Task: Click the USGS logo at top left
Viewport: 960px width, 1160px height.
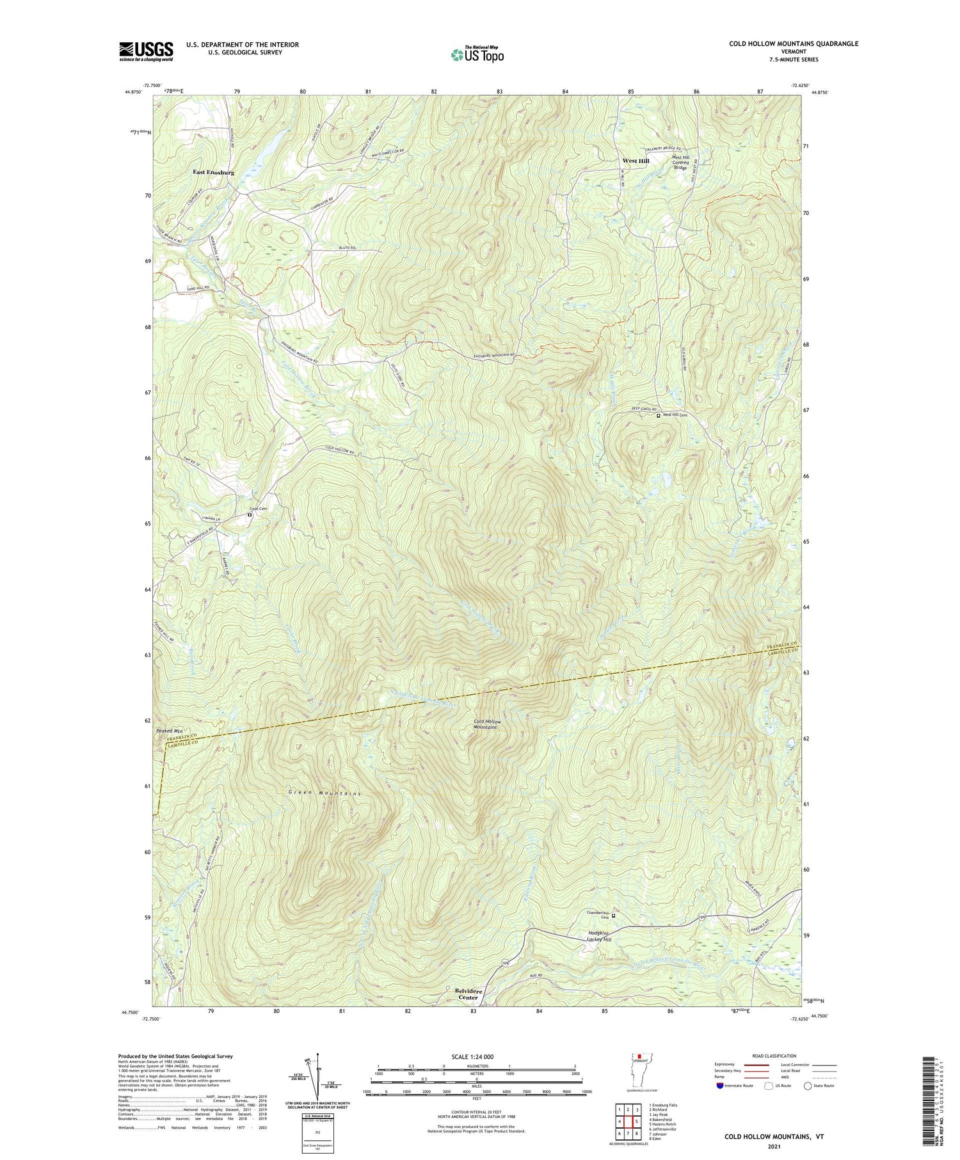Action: coord(146,51)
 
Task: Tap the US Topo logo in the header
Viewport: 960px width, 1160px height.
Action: coord(477,54)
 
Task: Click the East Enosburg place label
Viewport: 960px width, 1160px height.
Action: coord(214,173)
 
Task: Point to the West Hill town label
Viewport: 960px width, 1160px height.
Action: coord(636,161)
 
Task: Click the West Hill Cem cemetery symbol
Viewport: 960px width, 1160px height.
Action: coord(659,415)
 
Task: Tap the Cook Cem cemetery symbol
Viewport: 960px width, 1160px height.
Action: coord(250,514)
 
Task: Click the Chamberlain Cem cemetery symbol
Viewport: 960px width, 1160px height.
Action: coord(613,916)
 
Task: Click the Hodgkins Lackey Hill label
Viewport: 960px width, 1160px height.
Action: coord(600,937)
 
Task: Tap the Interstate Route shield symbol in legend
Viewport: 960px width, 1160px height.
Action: coord(721,1085)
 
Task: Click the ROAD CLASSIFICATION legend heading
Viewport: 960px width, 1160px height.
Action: coord(774,1056)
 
